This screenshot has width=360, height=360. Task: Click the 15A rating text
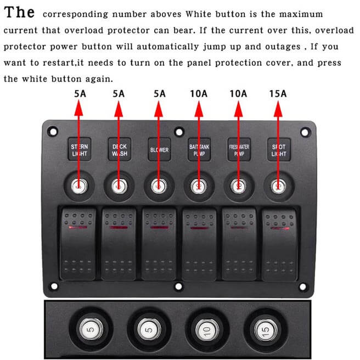pyautogui.click(x=278, y=94)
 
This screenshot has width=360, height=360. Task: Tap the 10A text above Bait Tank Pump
pyautogui.click(x=199, y=94)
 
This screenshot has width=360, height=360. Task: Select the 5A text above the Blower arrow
pyautogui.click(x=159, y=94)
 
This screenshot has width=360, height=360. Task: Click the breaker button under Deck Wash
pyautogui.click(x=119, y=187)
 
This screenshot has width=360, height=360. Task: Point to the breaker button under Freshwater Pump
pyautogui.click(x=239, y=187)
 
